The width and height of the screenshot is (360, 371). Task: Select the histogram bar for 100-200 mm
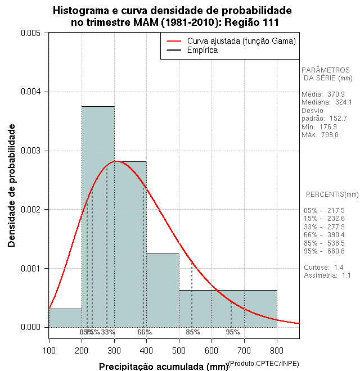[x=65, y=318]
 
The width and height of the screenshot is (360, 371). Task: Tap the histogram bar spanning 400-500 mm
[x=163, y=290]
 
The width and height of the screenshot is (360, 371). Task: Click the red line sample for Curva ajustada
[x=173, y=41]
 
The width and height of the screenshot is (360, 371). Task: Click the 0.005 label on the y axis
[x=30, y=33]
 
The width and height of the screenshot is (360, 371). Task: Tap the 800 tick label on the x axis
[x=277, y=350]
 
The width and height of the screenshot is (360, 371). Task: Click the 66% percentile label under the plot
[x=145, y=332]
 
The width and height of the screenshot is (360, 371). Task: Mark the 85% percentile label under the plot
[x=193, y=332]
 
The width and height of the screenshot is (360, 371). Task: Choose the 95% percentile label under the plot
[x=233, y=332]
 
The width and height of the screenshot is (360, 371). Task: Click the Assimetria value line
[x=327, y=275]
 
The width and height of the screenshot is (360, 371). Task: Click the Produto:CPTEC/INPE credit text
[x=264, y=364]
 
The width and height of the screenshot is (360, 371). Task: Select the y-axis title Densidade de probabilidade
[x=12, y=185]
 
